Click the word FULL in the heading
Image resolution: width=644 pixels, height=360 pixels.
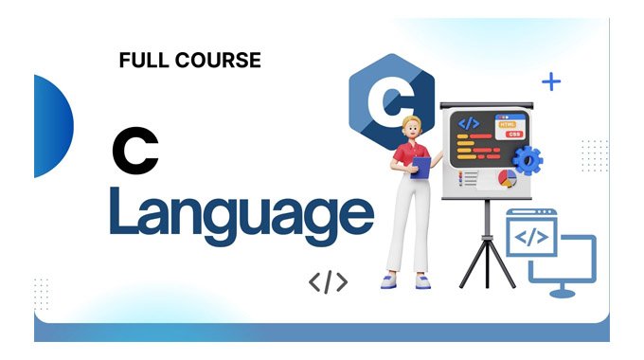tap(141, 61)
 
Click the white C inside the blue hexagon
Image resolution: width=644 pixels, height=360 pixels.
tap(390, 101)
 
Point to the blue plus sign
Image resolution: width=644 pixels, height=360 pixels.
tap(550, 82)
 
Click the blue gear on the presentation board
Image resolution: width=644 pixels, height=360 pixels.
tap(527, 160)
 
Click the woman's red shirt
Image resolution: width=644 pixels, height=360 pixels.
tap(410, 156)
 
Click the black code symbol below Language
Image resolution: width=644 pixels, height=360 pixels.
tap(328, 281)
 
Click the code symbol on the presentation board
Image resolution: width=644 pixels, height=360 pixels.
tap(469, 122)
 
